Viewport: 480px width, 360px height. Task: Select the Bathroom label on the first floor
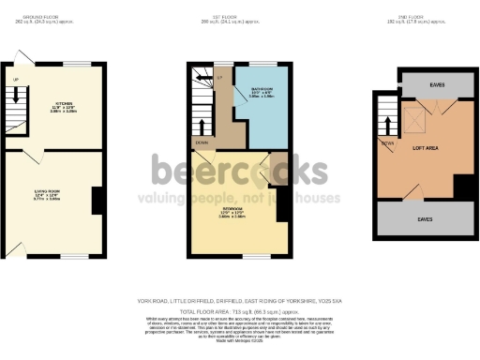[248, 90]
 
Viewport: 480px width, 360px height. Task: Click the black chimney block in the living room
[97, 199]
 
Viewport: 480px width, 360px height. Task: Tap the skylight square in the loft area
[413, 117]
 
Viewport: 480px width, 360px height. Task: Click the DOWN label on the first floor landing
[202, 142]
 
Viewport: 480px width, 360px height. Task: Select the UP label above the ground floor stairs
[15, 78]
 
